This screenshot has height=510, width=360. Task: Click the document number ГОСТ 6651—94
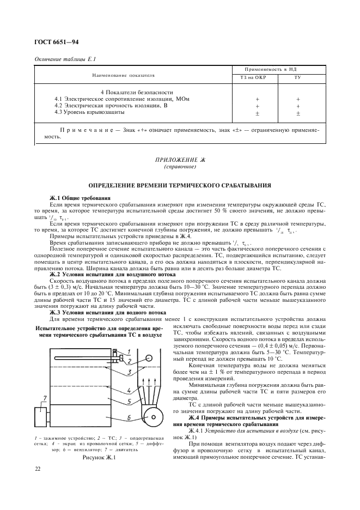57,41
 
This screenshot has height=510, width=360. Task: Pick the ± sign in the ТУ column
298,113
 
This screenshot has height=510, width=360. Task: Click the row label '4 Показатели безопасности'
137,92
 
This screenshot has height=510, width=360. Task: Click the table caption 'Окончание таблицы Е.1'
65,59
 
